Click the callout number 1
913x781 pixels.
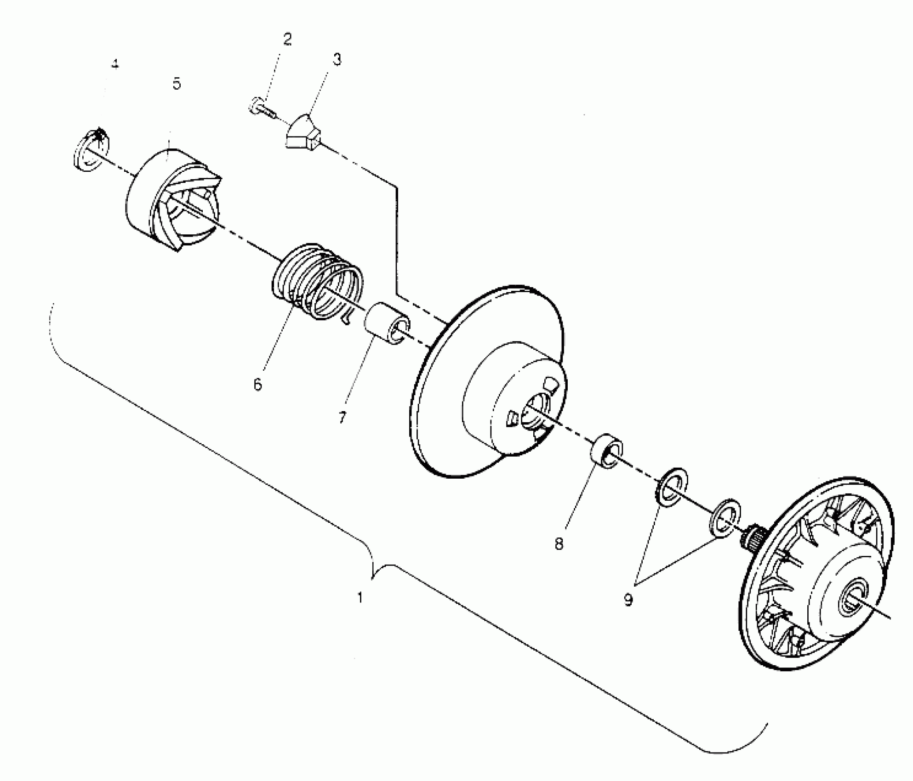click(360, 598)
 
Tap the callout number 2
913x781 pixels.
click(287, 39)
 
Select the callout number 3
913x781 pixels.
click(337, 59)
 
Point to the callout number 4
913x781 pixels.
click(115, 64)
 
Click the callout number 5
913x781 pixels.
click(177, 84)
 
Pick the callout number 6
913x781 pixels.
click(257, 384)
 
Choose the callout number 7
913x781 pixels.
click(342, 418)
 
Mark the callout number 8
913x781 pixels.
click(559, 544)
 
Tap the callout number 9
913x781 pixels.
click(628, 600)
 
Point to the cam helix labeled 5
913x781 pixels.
click(172, 200)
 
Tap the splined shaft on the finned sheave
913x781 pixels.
click(754, 538)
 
